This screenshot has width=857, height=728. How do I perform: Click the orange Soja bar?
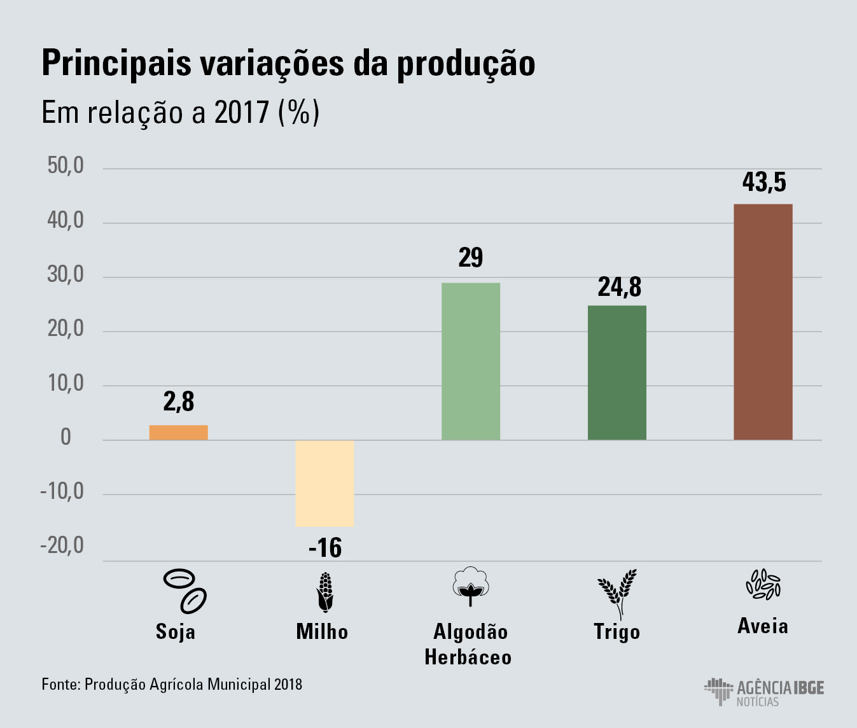point(178,433)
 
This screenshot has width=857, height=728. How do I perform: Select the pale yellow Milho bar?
point(324,483)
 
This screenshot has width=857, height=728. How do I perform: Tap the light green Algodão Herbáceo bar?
point(471,361)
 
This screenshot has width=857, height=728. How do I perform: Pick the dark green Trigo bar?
point(617,372)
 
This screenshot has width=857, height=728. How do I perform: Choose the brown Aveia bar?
point(763,321)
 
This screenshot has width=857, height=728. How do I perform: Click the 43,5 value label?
point(763,183)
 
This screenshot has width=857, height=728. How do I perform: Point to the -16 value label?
point(325,548)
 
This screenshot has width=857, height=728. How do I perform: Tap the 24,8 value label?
point(619,287)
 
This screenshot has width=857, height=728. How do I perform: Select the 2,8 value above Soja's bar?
point(179,402)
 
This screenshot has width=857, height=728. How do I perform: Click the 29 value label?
point(471,258)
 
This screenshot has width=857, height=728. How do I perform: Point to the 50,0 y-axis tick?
point(66,166)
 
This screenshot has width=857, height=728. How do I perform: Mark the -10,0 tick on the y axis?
point(62,492)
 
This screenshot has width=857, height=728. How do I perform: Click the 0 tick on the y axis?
point(66,438)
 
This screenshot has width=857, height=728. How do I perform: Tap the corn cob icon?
point(325,592)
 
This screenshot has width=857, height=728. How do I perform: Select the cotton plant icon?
point(471,586)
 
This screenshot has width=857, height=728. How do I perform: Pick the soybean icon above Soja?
point(185,590)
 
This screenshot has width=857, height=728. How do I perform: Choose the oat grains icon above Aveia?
point(763,584)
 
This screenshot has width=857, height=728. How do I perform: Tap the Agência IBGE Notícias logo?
point(764,692)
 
